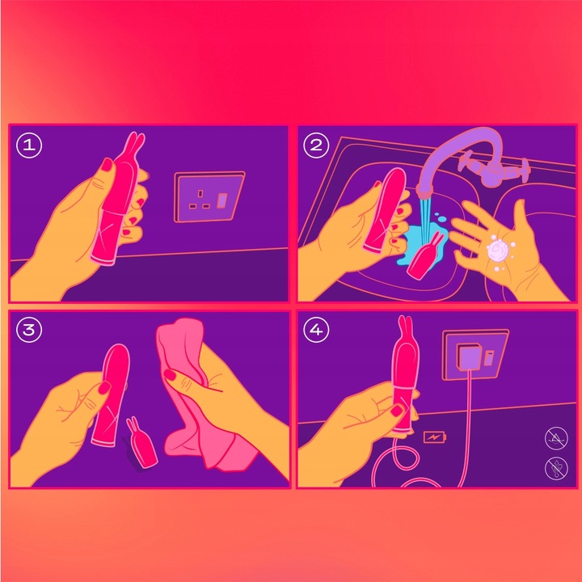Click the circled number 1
(29, 145)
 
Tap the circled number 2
(316, 145)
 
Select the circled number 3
(29, 331)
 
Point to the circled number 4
(316, 331)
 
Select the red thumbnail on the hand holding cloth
(171, 374)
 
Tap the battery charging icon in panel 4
(432, 436)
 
